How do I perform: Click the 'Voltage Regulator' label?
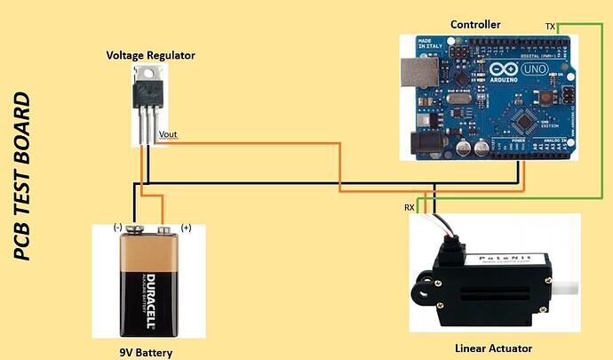[x=150, y=55]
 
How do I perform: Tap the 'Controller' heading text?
[x=475, y=23]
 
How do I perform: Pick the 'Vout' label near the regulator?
[x=168, y=135]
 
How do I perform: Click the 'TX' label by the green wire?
[x=551, y=28]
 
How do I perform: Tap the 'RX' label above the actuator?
[x=410, y=207]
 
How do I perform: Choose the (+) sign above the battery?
[x=186, y=227]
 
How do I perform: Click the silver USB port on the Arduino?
[x=410, y=74]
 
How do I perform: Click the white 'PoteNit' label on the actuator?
[x=502, y=259]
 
